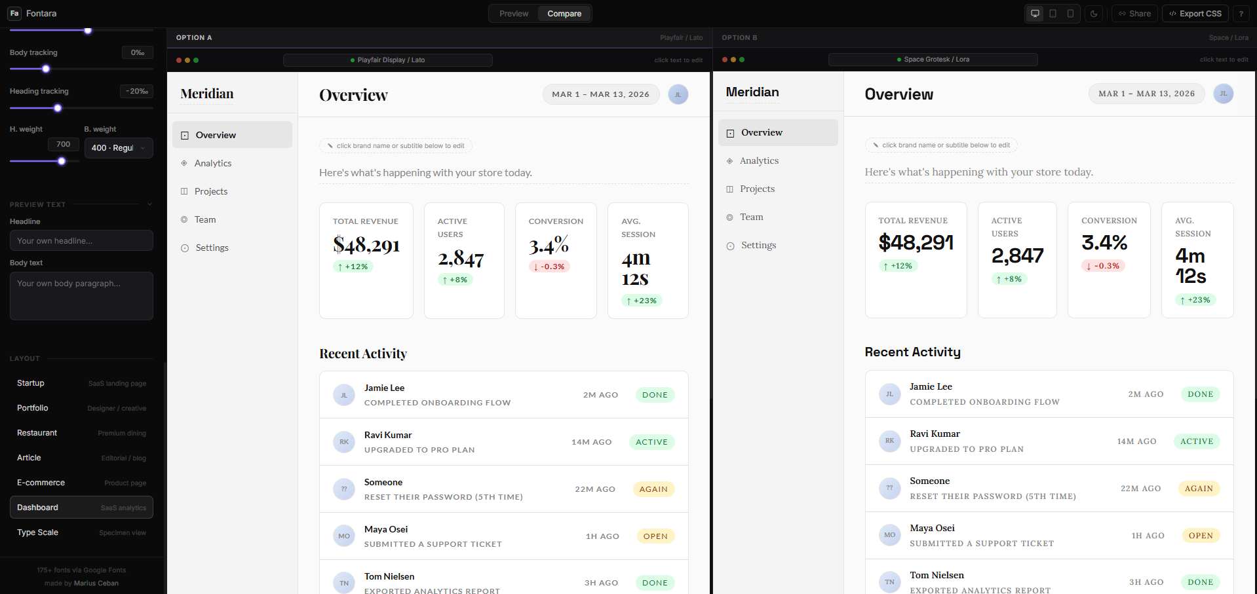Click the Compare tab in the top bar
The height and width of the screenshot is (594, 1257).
click(564, 14)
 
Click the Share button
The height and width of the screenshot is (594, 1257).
click(1134, 14)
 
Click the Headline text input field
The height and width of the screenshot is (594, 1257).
click(81, 240)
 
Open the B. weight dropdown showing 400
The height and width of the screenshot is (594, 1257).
click(119, 148)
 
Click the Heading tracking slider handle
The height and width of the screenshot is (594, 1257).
click(58, 108)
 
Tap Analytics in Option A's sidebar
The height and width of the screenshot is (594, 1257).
click(212, 163)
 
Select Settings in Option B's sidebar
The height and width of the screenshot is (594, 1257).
click(758, 245)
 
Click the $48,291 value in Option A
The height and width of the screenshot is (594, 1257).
click(366, 245)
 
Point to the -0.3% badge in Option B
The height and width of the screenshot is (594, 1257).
click(1103, 266)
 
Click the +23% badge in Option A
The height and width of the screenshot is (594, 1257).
click(642, 301)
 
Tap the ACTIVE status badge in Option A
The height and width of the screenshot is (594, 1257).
click(651, 442)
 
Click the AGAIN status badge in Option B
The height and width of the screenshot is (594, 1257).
click(1199, 489)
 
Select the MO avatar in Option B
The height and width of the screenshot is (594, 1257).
click(889, 535)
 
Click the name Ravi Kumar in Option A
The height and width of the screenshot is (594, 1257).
click(388, 435)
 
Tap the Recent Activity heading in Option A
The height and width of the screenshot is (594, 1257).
click(363, 354)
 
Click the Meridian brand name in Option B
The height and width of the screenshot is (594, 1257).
click(752, 92)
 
